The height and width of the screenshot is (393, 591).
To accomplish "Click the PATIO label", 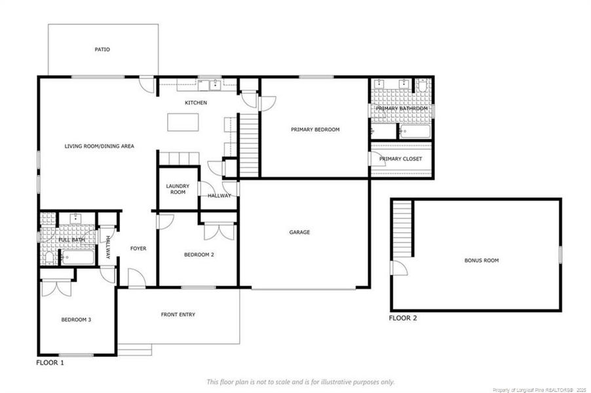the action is [102, 49].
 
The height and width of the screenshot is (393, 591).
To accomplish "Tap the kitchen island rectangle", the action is [183, 122].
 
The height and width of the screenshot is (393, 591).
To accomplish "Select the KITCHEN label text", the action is [196, 102].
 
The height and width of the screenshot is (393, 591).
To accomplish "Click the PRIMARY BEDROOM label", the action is [315, 129].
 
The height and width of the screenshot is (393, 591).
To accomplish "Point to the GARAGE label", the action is [299, 232].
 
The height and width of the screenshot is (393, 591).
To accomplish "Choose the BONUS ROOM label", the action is [482, 260].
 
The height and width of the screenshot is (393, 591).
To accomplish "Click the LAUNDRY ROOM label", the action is [178, 189].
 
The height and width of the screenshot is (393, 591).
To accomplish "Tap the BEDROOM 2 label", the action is [199, 255].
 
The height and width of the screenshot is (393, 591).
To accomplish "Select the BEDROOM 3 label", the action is [76, 320].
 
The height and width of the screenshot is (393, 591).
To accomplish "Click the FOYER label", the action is [138, 248].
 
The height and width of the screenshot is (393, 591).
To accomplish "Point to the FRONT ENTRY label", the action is [178, 314].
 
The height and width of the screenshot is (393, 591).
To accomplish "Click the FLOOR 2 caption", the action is [403, 318].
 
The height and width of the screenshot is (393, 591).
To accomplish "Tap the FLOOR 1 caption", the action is [50, 363].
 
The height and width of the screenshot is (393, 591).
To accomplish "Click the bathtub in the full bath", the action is [78, 257].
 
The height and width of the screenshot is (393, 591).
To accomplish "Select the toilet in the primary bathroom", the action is [422, 85].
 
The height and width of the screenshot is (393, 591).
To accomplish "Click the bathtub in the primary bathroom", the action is [415, 132].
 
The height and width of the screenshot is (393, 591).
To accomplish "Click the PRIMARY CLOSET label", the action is [400, 159].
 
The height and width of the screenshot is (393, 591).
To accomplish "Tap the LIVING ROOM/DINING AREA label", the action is [99, 146].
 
